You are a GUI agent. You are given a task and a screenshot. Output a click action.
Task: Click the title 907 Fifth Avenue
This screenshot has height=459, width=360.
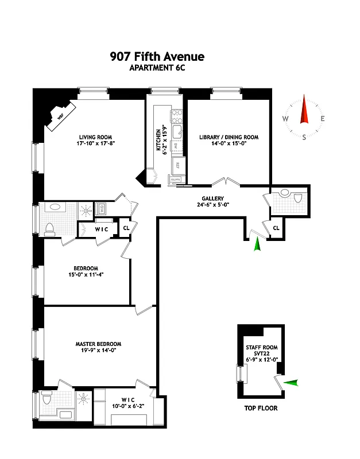click(157, 57)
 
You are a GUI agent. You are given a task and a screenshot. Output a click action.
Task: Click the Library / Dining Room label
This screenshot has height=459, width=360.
click(229, 141)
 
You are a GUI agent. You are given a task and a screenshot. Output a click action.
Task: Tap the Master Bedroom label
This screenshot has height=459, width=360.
click(98, 348)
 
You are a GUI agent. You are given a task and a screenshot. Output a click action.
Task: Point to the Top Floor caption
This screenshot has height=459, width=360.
click(261, 409)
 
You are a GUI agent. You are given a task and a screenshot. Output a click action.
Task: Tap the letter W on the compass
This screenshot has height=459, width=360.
click(285, 119)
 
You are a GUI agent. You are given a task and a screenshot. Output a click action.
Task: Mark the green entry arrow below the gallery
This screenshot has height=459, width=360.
click(257, 245)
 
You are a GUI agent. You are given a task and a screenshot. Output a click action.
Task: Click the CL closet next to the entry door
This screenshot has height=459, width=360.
click(276, 228)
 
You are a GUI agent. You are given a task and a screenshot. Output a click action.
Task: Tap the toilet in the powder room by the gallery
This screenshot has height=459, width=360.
click(296, 199)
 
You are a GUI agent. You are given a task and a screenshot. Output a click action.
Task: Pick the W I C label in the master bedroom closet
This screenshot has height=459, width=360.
click(128, 399)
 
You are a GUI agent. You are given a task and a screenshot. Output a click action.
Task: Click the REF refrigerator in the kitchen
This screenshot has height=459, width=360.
click(177, 165)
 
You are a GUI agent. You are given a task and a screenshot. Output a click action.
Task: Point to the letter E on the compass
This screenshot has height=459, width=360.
click(323, 119)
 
